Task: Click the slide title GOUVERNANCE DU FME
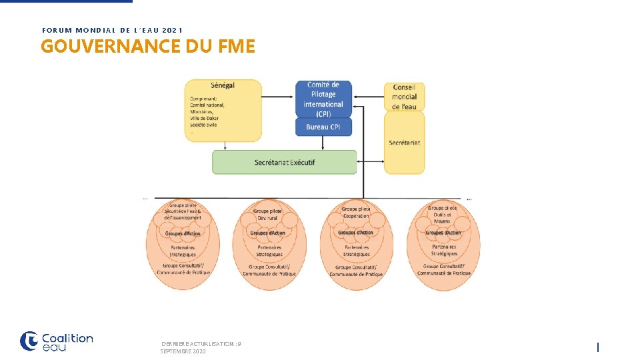coord(147,47)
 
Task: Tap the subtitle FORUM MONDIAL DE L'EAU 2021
coord(112,30)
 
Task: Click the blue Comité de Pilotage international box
coord(323,99)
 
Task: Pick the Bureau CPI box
coord(323,127)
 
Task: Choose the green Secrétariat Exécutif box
coord(285,163)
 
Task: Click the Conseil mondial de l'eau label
coord(404,97)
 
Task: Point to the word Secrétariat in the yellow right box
coord(404,143)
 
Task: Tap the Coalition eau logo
coord(57,341)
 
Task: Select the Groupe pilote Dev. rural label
coord(268,215)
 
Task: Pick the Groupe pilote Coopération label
coord(356,213)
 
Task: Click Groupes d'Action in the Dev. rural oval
coord(268,233)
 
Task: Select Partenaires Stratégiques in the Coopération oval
coord(356,251)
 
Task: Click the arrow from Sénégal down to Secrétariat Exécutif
coord(225,145)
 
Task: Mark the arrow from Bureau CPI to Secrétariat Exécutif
coord(323,143)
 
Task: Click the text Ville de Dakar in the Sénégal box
coord(204,119)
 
